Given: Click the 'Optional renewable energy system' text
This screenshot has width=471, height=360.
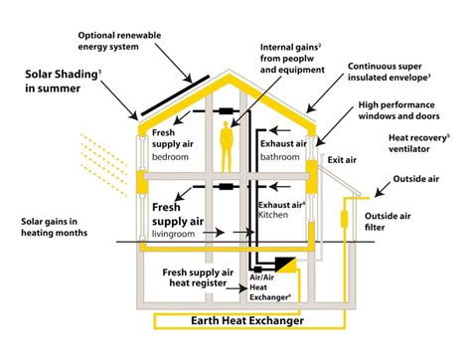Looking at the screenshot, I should coord(121,44).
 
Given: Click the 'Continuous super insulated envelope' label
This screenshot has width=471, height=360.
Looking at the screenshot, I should coord(390,72).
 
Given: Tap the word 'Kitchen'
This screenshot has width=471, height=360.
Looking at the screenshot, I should coord(275,215).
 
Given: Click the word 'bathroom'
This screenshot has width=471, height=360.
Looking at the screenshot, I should coord(279,156).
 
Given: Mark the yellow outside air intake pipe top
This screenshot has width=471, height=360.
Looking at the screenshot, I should coord(348,203).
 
